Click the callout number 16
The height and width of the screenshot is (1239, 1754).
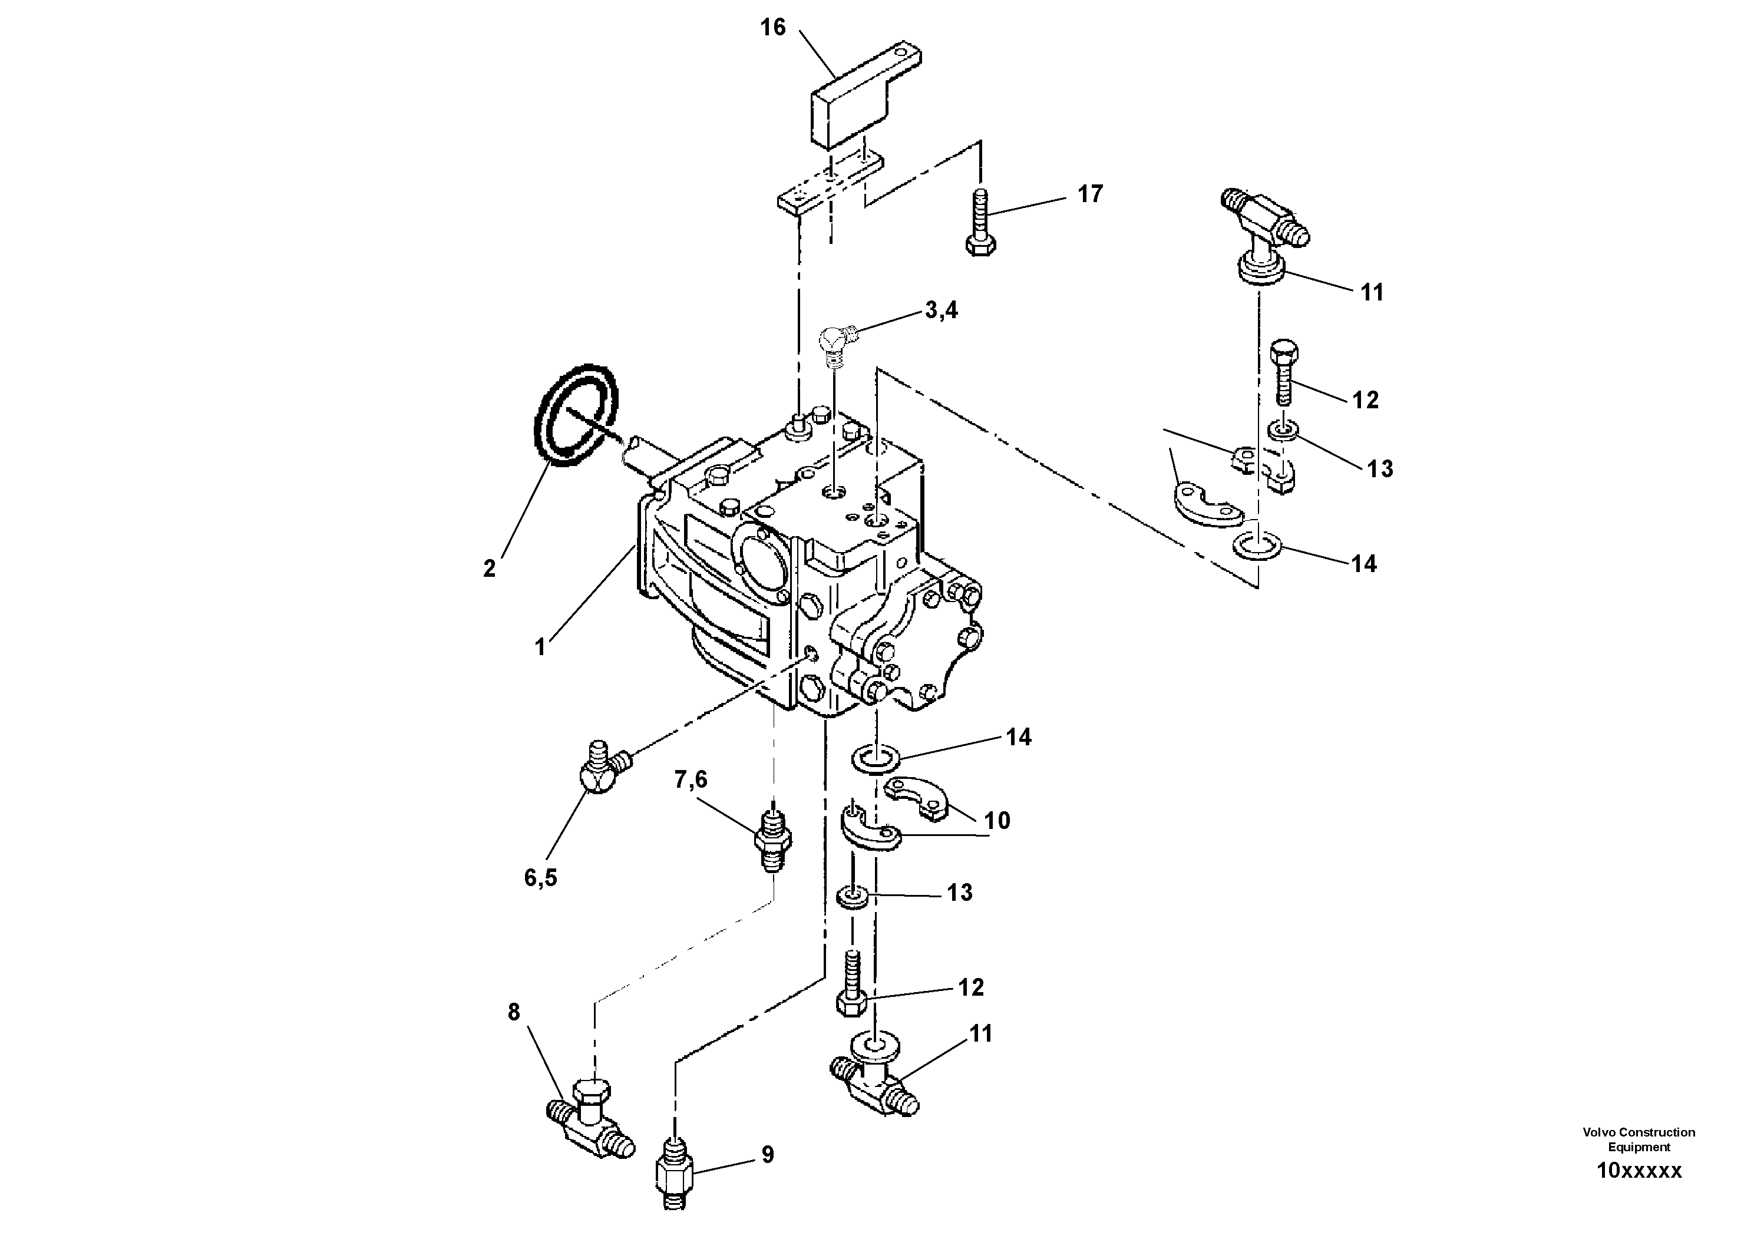click(772, 28)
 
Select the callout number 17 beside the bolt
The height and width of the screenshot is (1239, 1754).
click(1090, 194)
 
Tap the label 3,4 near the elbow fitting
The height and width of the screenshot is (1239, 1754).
click(940, 310)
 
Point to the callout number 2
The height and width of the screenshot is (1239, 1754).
click(489, 569)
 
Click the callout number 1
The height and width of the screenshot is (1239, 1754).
click(540, 647)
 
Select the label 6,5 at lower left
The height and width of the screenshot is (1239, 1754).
click(540, 878)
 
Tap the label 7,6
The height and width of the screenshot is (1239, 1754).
click(691, 780)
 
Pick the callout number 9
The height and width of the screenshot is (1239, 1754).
click(768, 1155)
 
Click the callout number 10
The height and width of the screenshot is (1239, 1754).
click(997, 821)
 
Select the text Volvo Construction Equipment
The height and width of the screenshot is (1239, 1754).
click(1639, 1139)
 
